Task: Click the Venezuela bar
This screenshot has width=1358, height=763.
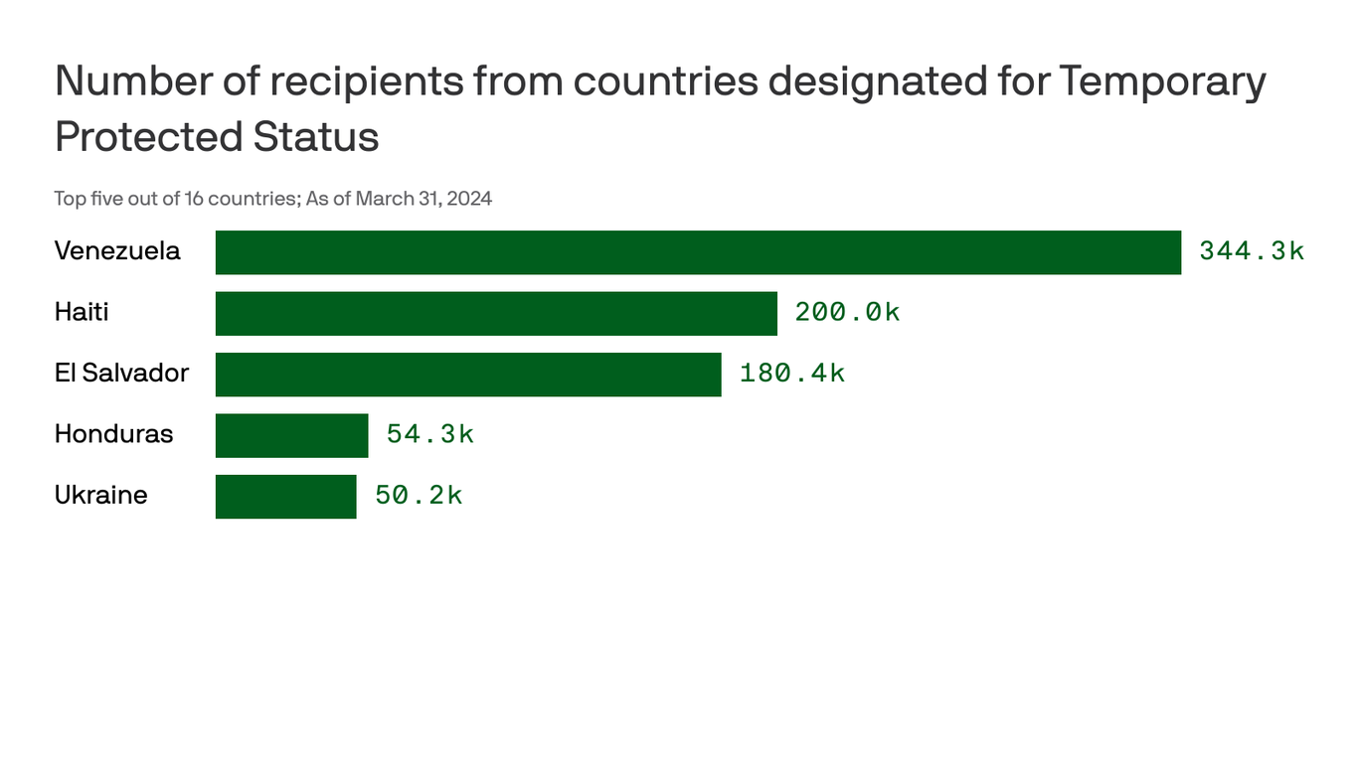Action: (698, 252)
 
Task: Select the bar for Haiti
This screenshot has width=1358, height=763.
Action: (496, 313)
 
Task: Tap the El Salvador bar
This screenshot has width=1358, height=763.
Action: (468, 375)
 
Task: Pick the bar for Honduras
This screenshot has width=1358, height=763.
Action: (291, 435)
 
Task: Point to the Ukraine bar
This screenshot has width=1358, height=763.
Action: (285, 497)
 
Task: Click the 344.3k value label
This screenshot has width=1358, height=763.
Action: (1252, 251)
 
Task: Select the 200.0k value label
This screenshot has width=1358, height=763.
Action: (847, 313)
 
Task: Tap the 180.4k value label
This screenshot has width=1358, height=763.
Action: (792, 374)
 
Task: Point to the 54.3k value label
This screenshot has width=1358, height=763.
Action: (430, 435)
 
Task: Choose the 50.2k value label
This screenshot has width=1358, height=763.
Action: (419, 496)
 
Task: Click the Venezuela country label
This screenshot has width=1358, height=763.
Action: (117, 251)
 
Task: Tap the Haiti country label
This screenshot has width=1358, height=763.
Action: (82, 313)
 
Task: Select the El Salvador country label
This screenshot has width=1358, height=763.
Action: (121, 374)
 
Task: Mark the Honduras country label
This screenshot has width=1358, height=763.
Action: (113, 435)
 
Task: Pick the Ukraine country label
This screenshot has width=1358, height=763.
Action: (100, 496)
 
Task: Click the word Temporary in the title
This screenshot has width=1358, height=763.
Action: (1162, 81)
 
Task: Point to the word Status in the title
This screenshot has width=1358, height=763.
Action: (316, 137)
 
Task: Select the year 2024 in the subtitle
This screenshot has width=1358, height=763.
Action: (469, 199)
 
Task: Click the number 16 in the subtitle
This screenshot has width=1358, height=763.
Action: (194, 199)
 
